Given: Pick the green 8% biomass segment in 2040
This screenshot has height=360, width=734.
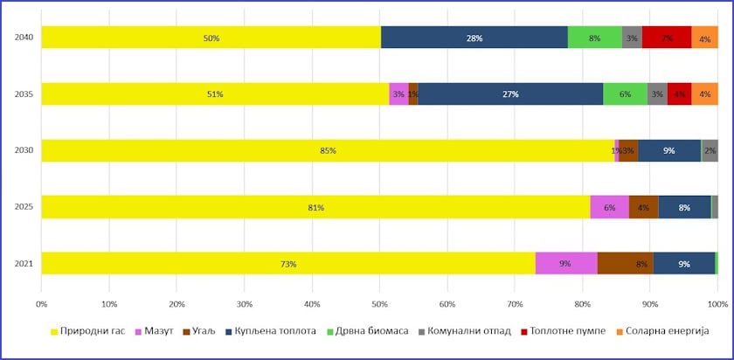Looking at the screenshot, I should point(594,38).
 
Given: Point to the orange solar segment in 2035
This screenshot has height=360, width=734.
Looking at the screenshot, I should point(704,94).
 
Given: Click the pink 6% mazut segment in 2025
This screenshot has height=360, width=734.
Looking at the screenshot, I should point(609,207).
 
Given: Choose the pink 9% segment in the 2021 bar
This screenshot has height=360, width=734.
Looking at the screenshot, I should point(565,263).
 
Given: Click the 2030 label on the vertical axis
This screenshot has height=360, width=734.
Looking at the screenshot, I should point(24,150).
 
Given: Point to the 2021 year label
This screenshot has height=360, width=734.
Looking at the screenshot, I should point(24,263).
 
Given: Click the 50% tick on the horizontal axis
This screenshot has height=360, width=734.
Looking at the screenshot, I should point(379,304).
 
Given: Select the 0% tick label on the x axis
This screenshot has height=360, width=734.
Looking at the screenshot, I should point(41,304).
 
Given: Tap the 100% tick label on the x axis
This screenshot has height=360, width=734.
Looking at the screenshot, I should point(717,304).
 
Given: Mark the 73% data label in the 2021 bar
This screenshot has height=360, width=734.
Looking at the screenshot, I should point(288,264).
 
